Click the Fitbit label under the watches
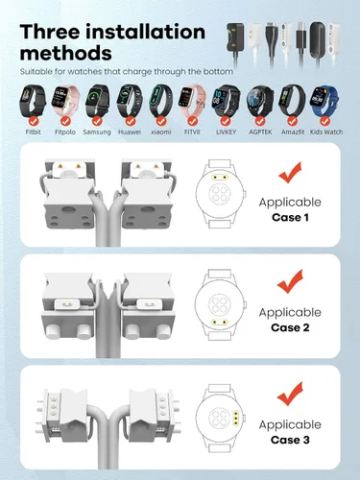coord(33,132)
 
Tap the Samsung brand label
coord(97,132)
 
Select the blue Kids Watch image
coord(324,102)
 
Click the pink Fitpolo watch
coord(65,101)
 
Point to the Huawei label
coord(130,132)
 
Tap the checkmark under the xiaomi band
coord(161,121)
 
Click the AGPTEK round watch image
coord(260,102)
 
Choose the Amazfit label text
coord(293,132)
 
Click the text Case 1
coord(290,218)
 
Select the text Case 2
coord(290,327)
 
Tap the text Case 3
coord(290,440)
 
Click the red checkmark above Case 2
coord(290,281)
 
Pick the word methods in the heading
coord(66,53)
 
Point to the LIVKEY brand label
coord(226,132)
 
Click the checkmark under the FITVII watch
coord(192,121)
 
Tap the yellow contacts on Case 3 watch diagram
coord(236,419)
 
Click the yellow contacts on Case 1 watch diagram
coord(220,178)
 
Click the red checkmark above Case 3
coord(290,394)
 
